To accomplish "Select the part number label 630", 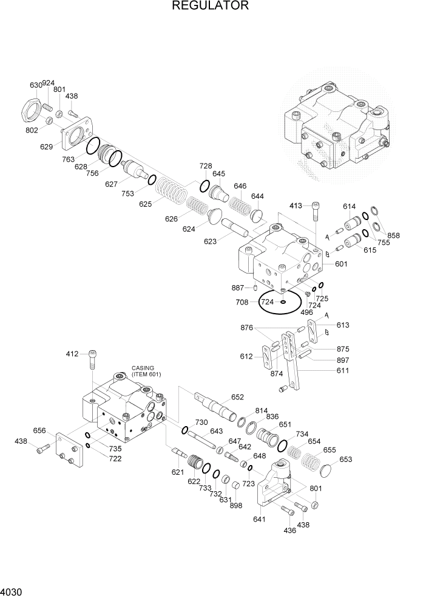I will tap(36, 85).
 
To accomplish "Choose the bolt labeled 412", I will tap(92, 360).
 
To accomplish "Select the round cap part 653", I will tap(328, 470).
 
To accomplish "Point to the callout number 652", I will tap(237, 397).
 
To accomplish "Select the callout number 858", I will tap(394, 235).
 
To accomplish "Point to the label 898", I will tap(237, 505).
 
